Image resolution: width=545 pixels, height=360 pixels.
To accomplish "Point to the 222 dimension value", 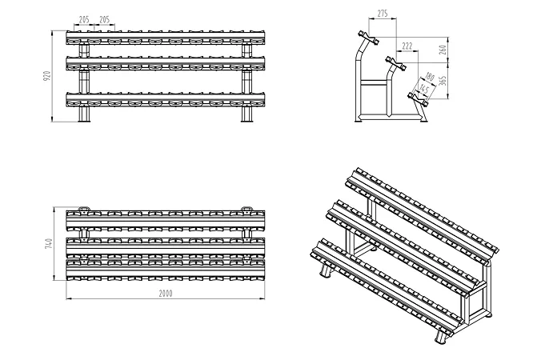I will pos(407,46).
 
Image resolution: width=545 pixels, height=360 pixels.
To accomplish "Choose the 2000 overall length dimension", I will pos(166,293).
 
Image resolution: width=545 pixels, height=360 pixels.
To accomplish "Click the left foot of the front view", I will pos(83,114).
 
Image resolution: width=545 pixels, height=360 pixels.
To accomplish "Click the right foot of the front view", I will pos(248,114).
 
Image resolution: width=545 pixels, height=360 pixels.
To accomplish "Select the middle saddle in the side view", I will pos(394,60).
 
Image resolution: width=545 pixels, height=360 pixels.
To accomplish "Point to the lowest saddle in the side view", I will pos(418,97).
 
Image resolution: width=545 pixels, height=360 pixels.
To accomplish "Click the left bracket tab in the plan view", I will pos(84,209).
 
